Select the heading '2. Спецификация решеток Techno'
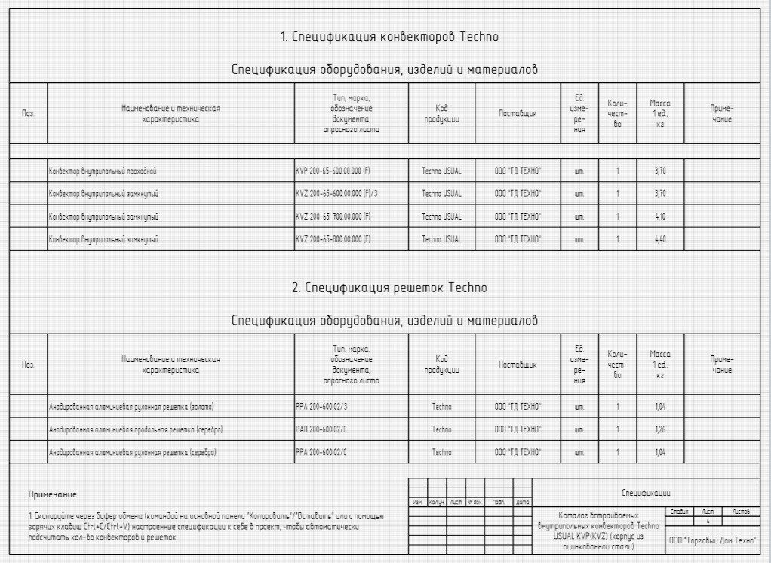tap(389, 288)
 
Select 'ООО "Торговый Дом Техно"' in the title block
tap(714, 540)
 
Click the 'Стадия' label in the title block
tap(677, 511)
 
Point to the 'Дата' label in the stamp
tap(523, 502)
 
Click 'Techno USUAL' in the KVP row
tap(442, 171)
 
